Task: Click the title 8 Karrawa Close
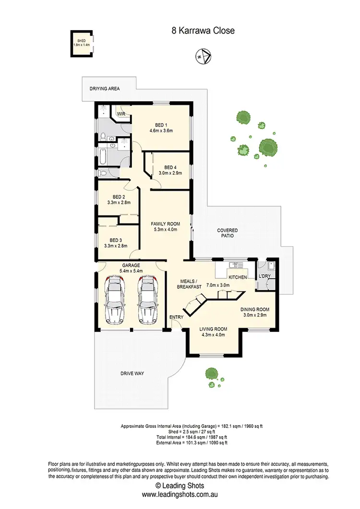(x=203, y=31)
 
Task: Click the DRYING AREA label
(x=105, y=89)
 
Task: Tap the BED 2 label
(x=119, y=197)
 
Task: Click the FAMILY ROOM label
(x=165, y=224)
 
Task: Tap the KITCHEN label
(x=238, y=277)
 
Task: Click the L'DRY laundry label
(x=265, y=277)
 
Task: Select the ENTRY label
(x=176, y=317)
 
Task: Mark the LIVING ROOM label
(x=213, y=329)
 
